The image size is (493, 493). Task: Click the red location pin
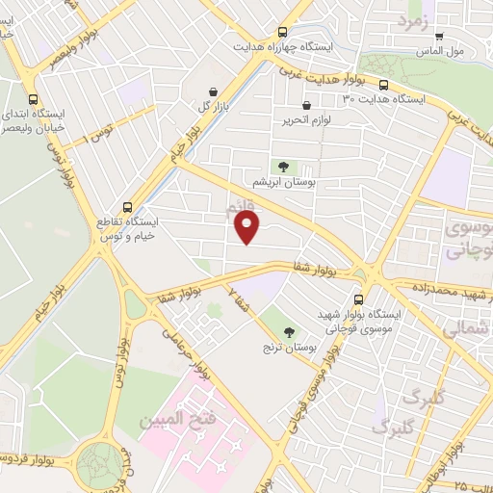(x=248, y=227)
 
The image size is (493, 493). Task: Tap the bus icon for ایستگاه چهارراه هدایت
(x=281, y=32)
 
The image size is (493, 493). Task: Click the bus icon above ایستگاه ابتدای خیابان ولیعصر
(x=35, y=99)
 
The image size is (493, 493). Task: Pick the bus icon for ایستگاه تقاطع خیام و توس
(x=128, y=207)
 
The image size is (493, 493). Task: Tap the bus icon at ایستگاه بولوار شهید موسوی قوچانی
(x=358, y=299)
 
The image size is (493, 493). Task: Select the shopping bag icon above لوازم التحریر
(x=306, y=106)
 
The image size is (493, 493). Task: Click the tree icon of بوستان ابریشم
(x=283, y=166)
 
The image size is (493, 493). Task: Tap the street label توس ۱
(x=100, y=131)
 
